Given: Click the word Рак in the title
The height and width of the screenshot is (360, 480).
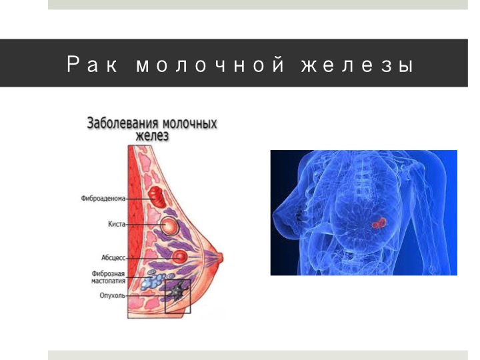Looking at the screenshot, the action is tap(92, 65).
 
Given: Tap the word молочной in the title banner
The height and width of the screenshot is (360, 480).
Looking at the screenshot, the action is tap(210, 65).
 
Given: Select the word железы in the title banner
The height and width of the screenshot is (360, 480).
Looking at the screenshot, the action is tap(357, 65).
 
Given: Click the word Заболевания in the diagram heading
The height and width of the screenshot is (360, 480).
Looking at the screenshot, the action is tap(123, 123).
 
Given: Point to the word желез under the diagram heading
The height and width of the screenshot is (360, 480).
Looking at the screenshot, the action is tap(152, 135).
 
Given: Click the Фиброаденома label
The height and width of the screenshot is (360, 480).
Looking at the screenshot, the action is tap(103, 199).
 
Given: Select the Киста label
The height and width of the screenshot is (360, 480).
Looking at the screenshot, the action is tap(117, 224).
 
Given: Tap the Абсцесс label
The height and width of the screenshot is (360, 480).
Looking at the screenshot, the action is tap(113, 258).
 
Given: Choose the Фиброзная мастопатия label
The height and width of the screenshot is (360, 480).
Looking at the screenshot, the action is tap(109, 277).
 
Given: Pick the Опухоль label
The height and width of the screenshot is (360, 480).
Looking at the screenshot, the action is tap(113, 296).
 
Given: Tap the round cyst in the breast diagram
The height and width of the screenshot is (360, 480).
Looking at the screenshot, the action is tap(169, 226).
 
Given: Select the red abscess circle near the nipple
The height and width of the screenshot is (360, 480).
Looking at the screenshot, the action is tap(179, 257).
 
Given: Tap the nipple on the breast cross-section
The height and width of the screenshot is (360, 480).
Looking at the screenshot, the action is tap(220, 258).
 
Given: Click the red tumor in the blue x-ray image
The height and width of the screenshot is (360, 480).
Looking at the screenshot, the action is tap(379, 223).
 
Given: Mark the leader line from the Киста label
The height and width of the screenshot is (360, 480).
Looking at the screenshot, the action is tap(143, 225).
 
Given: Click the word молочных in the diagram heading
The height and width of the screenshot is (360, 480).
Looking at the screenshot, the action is tap(189, 123).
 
